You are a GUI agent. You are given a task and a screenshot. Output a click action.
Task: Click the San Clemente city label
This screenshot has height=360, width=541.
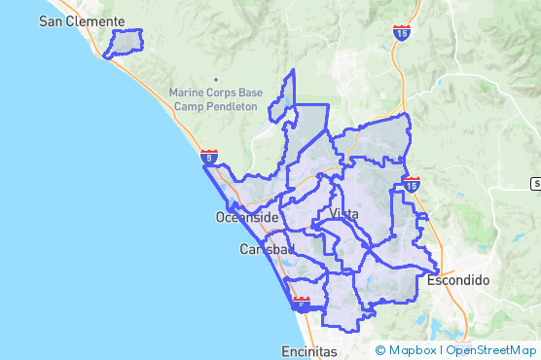(x=82, y=20)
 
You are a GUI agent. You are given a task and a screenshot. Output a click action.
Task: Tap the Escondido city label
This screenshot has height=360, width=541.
(x=458, y=280)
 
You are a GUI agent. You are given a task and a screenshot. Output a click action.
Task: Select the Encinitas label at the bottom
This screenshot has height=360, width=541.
(x=308, y=349)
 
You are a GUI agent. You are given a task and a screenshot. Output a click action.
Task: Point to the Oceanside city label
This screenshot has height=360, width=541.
(x=247, y=218)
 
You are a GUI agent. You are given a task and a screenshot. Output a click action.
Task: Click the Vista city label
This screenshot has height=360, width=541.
(x=344, y=214)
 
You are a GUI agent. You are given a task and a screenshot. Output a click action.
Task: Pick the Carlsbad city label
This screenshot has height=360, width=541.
(x=267, y=250)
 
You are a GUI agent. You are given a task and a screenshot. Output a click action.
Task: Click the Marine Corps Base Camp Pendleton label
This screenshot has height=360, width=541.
(x=213, y=98)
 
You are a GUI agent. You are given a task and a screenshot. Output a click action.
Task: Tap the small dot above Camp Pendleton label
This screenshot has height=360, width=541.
(x=216, y=80)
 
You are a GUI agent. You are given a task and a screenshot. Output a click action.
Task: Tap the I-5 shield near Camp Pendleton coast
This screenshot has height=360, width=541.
(x=209, y=156)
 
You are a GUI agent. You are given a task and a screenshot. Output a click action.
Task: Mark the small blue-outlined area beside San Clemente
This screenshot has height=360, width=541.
(x=124, y=44)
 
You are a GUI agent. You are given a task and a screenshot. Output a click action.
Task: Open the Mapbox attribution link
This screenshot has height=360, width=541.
(x=413, y=350)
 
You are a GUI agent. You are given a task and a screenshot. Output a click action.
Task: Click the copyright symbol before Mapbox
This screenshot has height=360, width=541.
(x=380, y=350)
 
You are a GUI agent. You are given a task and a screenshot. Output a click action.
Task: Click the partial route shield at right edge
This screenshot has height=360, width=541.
(x=536, y=183)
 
